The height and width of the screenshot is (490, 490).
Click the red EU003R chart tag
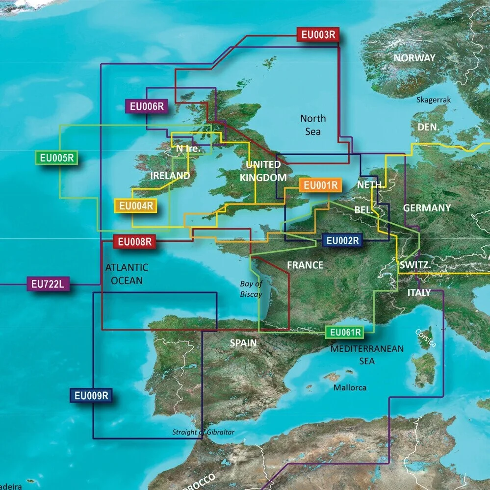point(318,35)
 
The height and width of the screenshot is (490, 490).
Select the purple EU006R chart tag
point(147,106)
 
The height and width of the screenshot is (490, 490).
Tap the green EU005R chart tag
point(56,158)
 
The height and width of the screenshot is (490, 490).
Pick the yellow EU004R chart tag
point(135,206)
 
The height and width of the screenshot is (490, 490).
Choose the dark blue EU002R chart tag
point(343,240)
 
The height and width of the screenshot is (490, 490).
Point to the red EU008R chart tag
point(134,241)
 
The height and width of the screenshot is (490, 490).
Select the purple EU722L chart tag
point(48,284)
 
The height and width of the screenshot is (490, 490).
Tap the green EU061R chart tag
point(346,333)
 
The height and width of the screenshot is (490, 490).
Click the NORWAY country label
point(414,58)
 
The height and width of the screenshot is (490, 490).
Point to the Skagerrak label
point(433,100)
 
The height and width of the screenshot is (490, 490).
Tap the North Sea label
point(312,125)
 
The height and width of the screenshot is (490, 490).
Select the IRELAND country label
point(170,176)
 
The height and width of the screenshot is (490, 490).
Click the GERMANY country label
point(427,208)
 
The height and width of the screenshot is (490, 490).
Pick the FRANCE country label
point(305,265)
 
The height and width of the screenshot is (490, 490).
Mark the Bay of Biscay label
point(251,289)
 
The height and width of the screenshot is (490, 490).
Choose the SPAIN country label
point(243,343)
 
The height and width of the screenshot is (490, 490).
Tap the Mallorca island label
point(350,387)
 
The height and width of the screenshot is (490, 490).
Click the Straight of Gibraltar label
point(204,432)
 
